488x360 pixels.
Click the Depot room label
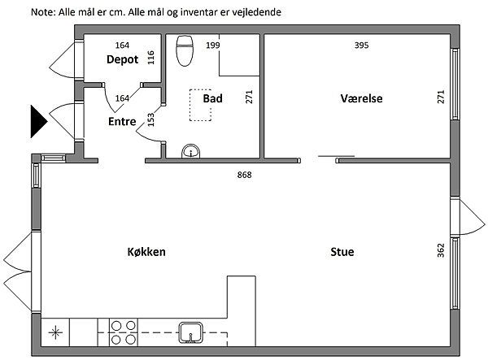tap(122, 59)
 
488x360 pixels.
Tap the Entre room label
tap(122, 121)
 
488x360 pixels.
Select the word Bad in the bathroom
tap(212, 98)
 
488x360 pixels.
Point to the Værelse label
tap(361, 98)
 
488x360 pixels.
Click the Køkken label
tap(146, 251)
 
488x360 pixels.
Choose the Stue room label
tap(342, 251)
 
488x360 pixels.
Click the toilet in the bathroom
tap(185, 50)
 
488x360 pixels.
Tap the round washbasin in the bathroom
tap(191, 151)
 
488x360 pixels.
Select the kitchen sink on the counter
tap(191, 332)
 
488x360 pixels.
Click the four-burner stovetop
tap(124, 332)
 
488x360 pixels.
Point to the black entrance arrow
tap(39, 121)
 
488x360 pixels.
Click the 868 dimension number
tap(244, 175)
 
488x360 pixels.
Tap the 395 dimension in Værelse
tap(361, 46)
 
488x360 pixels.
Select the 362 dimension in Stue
tap(441, 250)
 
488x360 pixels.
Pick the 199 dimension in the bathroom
tap(213, 46)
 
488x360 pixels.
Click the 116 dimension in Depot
tap(150, 58)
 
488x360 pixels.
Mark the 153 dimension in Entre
tap(150, 119)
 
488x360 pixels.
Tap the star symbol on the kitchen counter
tap(55, 332)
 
